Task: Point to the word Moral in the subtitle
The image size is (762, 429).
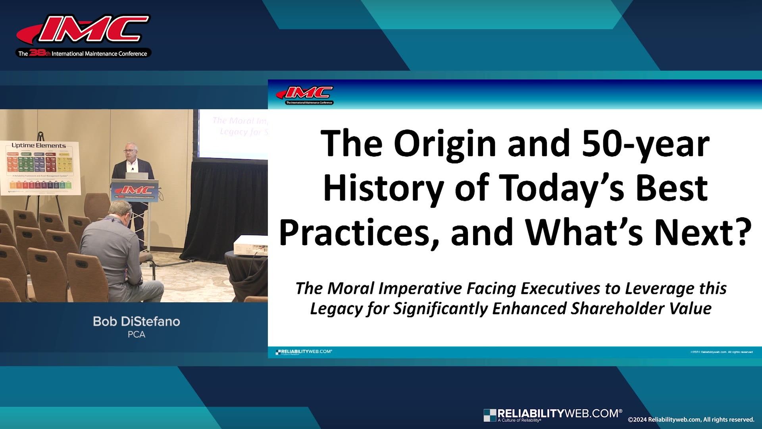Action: pyautogui.click(x=351, y=288)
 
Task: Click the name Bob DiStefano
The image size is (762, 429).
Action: pyautogui.click(x=136, y=321)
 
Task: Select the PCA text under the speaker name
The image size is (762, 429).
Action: pyautogui.click(x=136, y=335)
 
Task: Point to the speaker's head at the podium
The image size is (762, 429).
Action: pyautogui.click(x=131, y=151)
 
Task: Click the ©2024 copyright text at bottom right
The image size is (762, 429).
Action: pyautogui.click(x=691, y=419)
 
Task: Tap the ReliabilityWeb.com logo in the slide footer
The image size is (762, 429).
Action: pyautogui.click(x=304, y=352)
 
